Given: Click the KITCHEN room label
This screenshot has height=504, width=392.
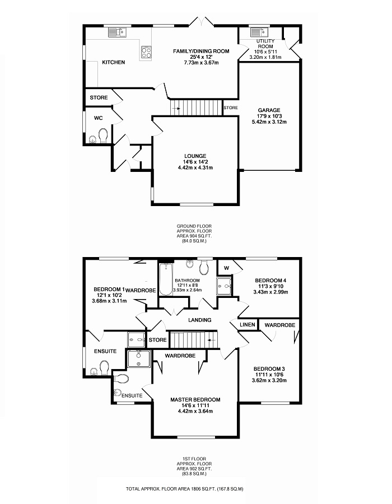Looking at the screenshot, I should tap(113, 62).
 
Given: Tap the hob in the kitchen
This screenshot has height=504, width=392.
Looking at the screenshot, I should tap(146, 52).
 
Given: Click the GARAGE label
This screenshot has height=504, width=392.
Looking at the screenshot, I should tap(269, 110).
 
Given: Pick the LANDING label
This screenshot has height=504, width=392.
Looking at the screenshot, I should tap(200, 320).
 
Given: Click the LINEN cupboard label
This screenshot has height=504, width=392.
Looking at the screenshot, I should tap(247, 325).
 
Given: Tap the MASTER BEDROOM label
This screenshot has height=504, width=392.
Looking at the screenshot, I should tap(195, 400).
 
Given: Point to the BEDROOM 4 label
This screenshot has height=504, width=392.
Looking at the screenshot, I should tap(270, 280).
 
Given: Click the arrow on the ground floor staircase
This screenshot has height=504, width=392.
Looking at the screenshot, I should tap(177, 108).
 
